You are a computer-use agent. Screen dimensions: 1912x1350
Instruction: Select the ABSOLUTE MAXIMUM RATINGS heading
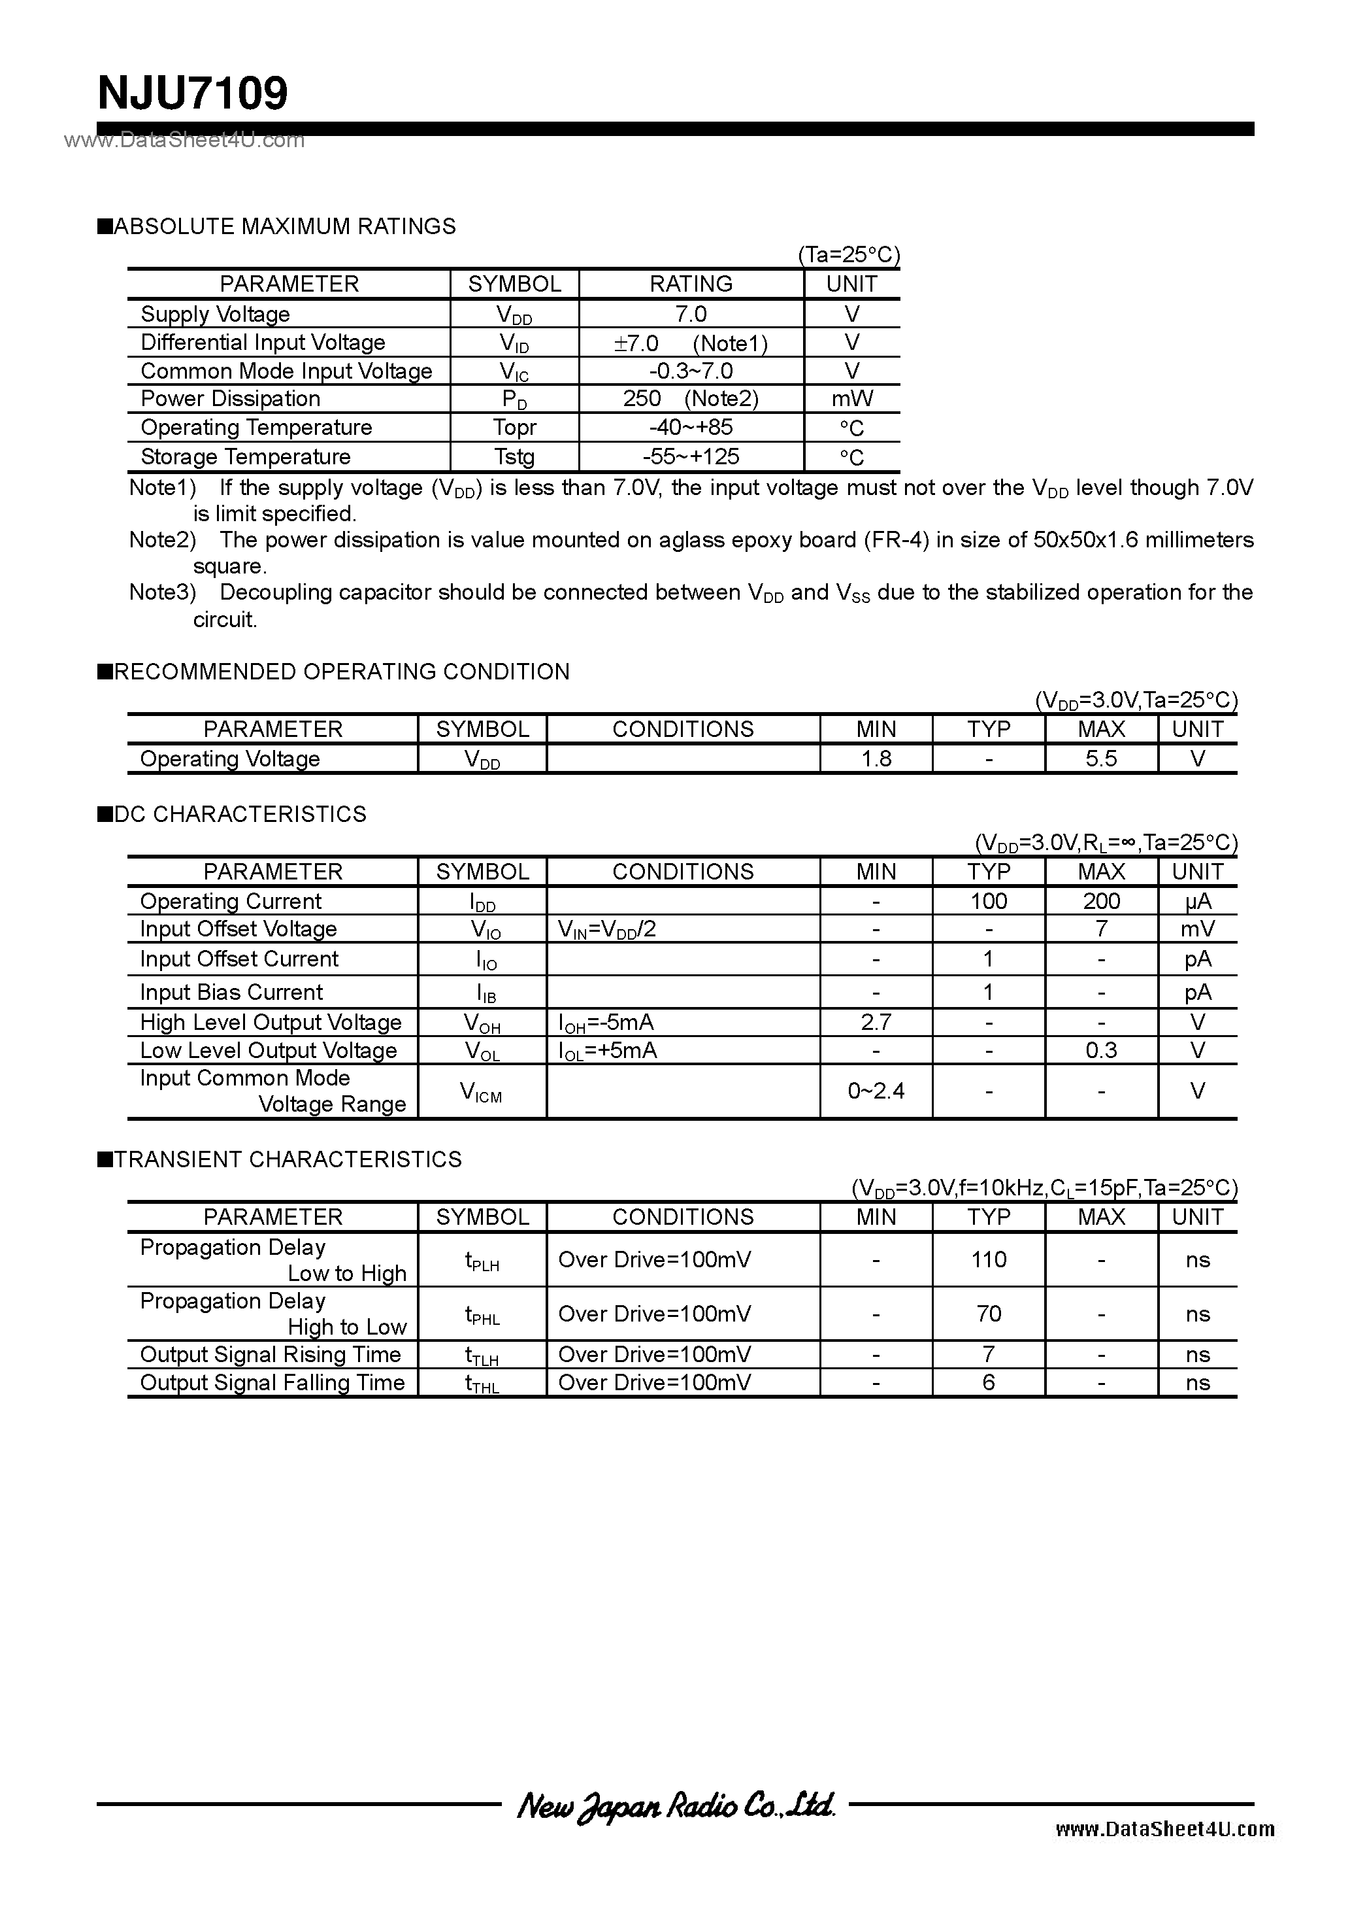(x=284, y=226)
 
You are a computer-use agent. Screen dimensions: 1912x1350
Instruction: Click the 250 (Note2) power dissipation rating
(x=691, y=399)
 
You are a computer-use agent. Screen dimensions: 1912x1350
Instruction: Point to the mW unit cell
(x=851, y=399)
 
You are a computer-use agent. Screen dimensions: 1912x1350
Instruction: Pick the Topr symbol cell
(x=514, y=427)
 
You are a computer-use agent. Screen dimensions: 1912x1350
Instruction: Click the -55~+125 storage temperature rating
(x=691, y=456)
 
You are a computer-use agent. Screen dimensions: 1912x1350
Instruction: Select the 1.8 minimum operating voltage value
(x=876, y=759)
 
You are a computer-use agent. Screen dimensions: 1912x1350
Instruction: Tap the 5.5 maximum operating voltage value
(x=1100, y=759)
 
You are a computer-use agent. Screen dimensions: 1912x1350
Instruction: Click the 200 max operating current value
(x=1100, y=901)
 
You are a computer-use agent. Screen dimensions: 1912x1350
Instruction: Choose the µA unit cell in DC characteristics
(x=1197, y=901)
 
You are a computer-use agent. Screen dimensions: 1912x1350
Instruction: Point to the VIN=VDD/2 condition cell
(x=607, y=929)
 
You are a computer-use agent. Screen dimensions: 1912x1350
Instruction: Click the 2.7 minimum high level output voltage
(x=876, y=1022)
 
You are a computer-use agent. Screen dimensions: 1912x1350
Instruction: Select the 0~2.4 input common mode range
(x=876, y=1091)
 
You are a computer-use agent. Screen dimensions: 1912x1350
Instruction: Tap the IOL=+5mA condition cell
(x=608, y=1051)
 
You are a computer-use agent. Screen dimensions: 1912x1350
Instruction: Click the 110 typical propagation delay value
(x=988, y=1259)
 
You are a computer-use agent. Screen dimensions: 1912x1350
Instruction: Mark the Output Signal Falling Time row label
(x=272, y=1382)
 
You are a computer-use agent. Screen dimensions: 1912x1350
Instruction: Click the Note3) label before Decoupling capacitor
(x=162, y=593)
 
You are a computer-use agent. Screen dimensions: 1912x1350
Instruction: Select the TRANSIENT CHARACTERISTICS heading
(x=287, y=1159)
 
